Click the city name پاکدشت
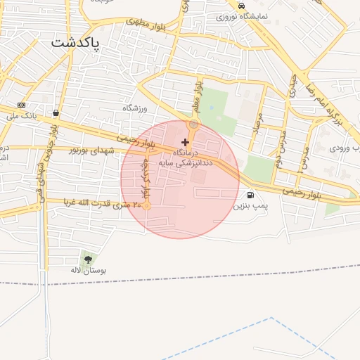(x=76, y=43)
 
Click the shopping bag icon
(x=56, y=112)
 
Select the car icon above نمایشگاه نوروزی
(x=241, y=6)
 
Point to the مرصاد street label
(x=258, y=124)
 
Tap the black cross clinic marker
(x=185, y=142)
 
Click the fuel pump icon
(x=250, y=195)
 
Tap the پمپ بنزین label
(x=252, y=206)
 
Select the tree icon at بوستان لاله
(x=88, y=259)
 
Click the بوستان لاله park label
(x=88, y=270)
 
